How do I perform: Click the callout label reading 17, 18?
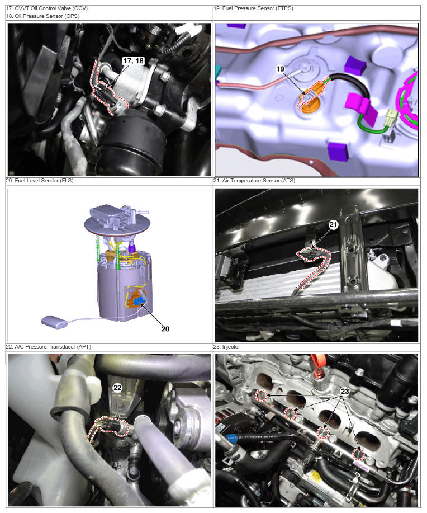pyautogui.click(x=134, y=61)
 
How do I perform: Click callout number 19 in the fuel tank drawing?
pyautogui.click(x=280, y=69)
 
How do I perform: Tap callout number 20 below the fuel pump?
pyautogui.click(x=165, y=329)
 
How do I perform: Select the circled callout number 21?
pyautogui.click(x=333, y=224)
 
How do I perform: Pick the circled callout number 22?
pyautogui.click(x=117, y=388)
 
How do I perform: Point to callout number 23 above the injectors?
pyautogui.click(x=345, y=391)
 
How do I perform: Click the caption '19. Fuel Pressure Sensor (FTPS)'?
pyautogui.click(x=253, y=8)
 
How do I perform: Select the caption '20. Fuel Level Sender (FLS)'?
pyautogui.click(x=40, y=181)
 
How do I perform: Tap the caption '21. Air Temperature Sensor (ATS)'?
pyautogui.click(x=254, y=181)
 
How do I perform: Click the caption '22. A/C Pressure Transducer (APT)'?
pyautogui.click(x=49, y=347)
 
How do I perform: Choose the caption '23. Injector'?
pyautogui.click(x=226, y=347)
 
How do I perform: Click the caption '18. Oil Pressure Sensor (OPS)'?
pyautogui.click(x=42, y=16)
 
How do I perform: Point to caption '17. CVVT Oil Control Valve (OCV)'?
pyautogui.click(x=47, y=8)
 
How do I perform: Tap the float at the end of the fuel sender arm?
pyautogui.click(x=54, y=321)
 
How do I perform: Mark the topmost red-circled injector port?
pyautogui.click(x=262, y=396)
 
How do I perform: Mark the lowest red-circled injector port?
pyautogui.click(x=359, y=454)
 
